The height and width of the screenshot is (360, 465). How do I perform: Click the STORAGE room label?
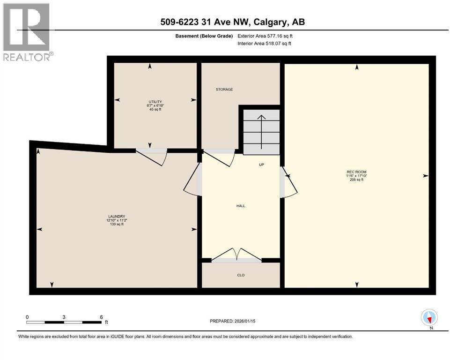pos(224,90)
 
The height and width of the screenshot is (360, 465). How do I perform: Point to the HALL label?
pos(241,206)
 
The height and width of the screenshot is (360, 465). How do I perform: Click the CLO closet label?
pos(241,275)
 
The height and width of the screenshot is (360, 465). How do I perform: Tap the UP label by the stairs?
pos(262,165)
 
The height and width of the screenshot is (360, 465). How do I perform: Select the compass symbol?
pos(429,318)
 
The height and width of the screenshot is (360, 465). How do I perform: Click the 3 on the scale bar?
pos(64,317)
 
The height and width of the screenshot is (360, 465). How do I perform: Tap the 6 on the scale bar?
pos(101,317)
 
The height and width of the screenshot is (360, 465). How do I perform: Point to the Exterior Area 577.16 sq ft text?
pos(265,36)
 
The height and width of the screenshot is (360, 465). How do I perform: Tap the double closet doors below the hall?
pos(237,255)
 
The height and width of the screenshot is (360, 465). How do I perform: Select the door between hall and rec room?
pos(289,183)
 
